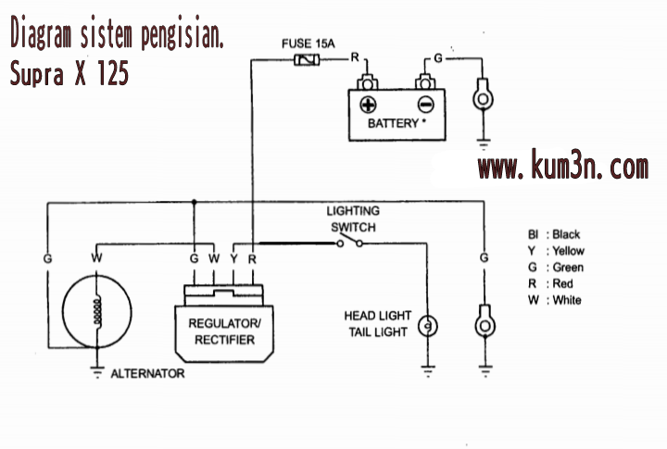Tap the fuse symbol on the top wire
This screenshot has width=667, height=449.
(x=306, y=60)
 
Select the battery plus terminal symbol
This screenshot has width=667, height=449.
(x=368, y=104)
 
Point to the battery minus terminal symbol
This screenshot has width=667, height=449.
(x=425, y=104)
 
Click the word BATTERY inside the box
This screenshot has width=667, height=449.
(x=393, y=123)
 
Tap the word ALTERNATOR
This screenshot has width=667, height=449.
(x=147, y=374)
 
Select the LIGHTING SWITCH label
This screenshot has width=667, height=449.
(x=353, y=218)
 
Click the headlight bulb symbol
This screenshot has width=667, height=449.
(x=428, y=326)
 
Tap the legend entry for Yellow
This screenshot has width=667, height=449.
(x=557, y=251)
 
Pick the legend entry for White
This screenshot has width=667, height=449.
(x=555, y=300)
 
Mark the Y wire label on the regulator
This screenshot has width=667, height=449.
(x=233, y=257)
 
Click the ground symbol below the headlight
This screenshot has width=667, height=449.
(x=428, y=371)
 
